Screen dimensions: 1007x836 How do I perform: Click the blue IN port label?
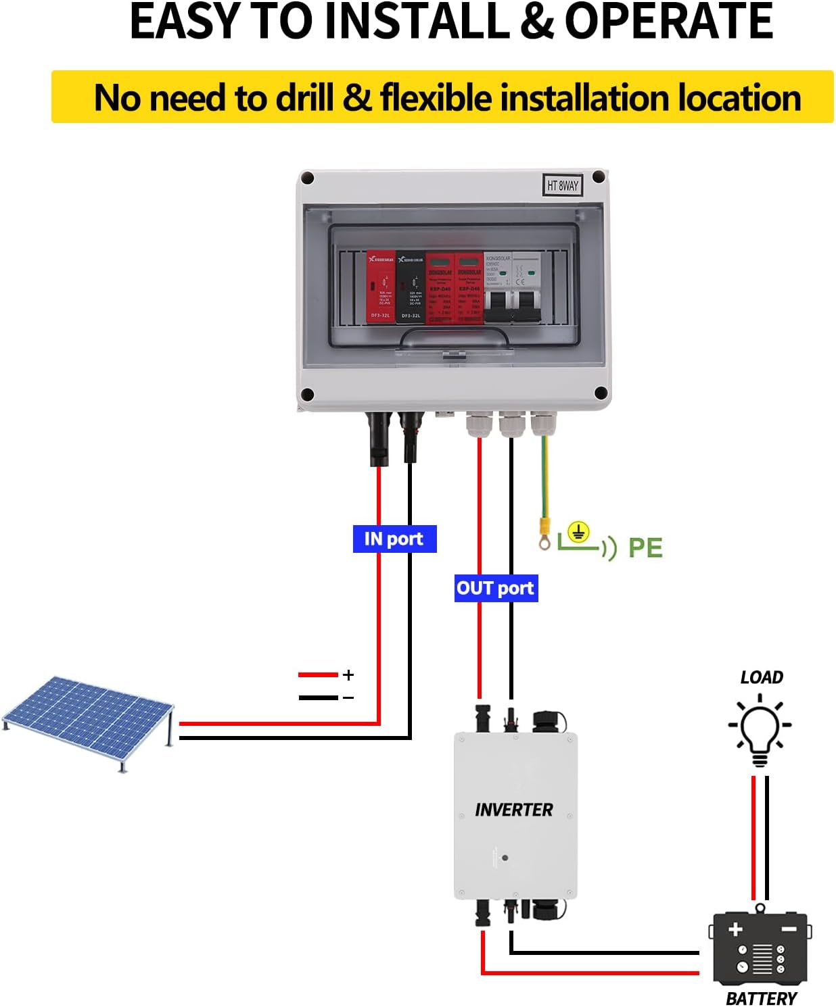[x=394, y=539]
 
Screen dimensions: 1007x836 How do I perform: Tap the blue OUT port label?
[x=496, y=588]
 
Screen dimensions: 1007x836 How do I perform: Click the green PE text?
[x=645, y=547]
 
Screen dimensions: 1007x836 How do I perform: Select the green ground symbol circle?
[x=578, y=533]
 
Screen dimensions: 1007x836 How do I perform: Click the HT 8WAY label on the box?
[x=563, y=185]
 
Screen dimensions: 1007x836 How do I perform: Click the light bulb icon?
[x=760, y=732]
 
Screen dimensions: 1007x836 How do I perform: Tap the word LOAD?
[x=762, y=677]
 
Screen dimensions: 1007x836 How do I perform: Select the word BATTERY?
[x=761, y=998]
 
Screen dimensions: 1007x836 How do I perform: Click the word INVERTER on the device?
[x=513, y=810]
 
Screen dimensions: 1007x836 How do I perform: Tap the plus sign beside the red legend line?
[x=348, y=674]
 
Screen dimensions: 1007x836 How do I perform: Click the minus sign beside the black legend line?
[x=348, y=697]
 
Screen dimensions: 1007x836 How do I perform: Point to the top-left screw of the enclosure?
[x=308, y=178]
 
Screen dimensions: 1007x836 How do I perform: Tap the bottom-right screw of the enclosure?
[x=600, y=393]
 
